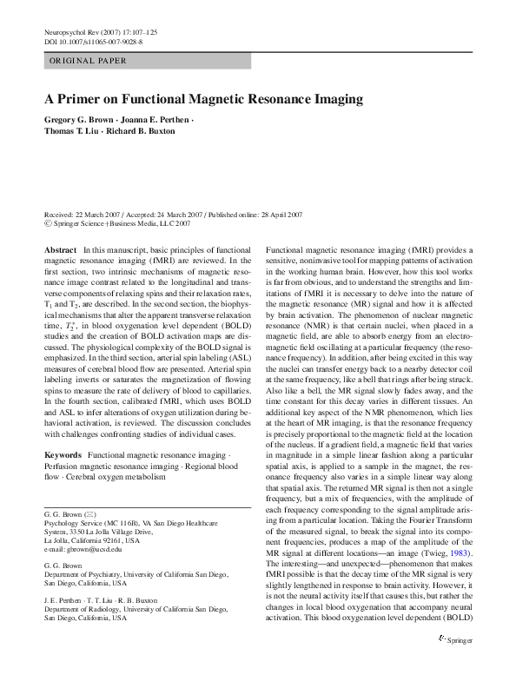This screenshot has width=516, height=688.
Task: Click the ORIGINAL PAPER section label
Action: (88, 61)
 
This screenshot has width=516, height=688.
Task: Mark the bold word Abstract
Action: (60, 249)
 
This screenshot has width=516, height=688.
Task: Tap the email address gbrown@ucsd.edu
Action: (83, 549)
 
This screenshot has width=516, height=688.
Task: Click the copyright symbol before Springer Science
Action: (47, 223)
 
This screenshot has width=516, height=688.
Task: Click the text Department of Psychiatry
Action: (85, 574)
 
